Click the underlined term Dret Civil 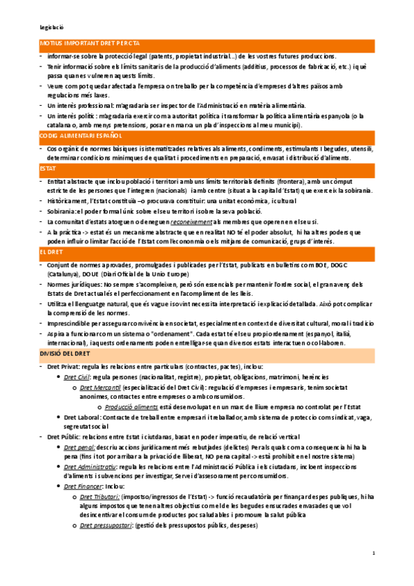pyautogui.click(x=77, y=379)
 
